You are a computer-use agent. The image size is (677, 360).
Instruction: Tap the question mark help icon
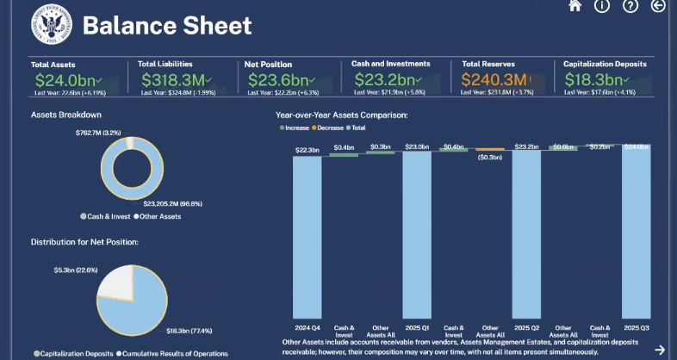pos(630,6)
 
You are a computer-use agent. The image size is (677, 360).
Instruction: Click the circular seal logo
pos(50,25)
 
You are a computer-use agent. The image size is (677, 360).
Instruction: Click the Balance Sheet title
pos(167,26)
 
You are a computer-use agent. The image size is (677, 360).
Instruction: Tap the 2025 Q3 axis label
pos(636,328)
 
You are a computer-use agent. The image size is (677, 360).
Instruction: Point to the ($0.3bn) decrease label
pos(489,158)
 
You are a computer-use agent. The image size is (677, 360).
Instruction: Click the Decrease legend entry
pos(328,127)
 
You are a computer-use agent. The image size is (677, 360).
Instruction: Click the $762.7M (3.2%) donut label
pos(100,133)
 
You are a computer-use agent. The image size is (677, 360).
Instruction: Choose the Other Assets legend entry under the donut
pos(160,216)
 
